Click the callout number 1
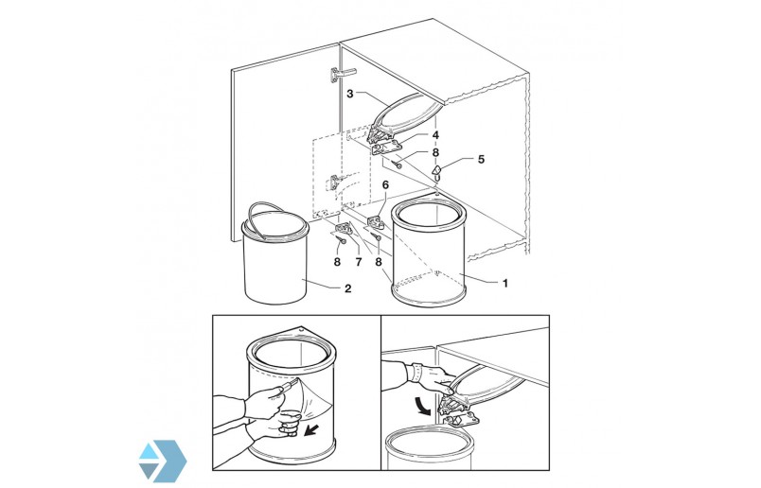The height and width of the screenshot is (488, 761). (504, 284)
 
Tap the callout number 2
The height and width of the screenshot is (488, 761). (347, 288)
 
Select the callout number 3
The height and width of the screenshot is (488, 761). (350, 94)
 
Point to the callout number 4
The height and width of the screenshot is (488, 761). (435, 135)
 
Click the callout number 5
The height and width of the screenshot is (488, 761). (481, 159)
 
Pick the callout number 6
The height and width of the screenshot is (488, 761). (385, 184)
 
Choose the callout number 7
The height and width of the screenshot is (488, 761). (358, 262)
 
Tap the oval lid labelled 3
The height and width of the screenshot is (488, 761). (405, 115)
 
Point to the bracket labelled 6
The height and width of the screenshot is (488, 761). (376, 222)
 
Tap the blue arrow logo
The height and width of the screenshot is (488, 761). (162, 462)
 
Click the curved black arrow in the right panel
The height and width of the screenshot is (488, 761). (423, 406)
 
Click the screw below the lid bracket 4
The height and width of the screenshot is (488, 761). (398, 165)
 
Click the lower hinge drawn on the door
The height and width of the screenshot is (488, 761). (334, 183)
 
